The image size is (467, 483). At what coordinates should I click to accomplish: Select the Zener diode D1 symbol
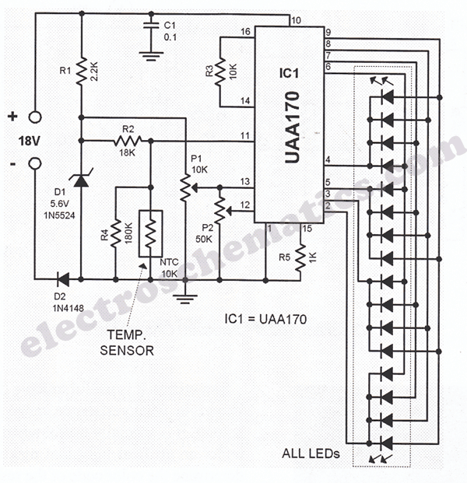pyautogui.click(x=82, y=180)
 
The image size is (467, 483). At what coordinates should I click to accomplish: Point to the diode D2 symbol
pyautogui.click(x=61, y=278)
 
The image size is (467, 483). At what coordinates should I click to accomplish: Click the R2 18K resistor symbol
pyautogui.click(x=127, y=141)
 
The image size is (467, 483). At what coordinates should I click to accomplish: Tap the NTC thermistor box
pyautogui.click(x=151, y=233)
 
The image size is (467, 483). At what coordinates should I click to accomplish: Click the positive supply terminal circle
pyautogui.click(x=35, y=118)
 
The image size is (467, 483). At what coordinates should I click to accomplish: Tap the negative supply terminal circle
pyautogui.click(x=35, y=165)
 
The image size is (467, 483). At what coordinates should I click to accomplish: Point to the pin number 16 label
pyautogui.click(x=246, y=33)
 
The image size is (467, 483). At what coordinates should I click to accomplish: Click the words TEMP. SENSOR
pyautogui.click(x=129, y=343)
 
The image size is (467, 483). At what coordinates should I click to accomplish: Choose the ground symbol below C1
pyautogui.click(x=149, y=54)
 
